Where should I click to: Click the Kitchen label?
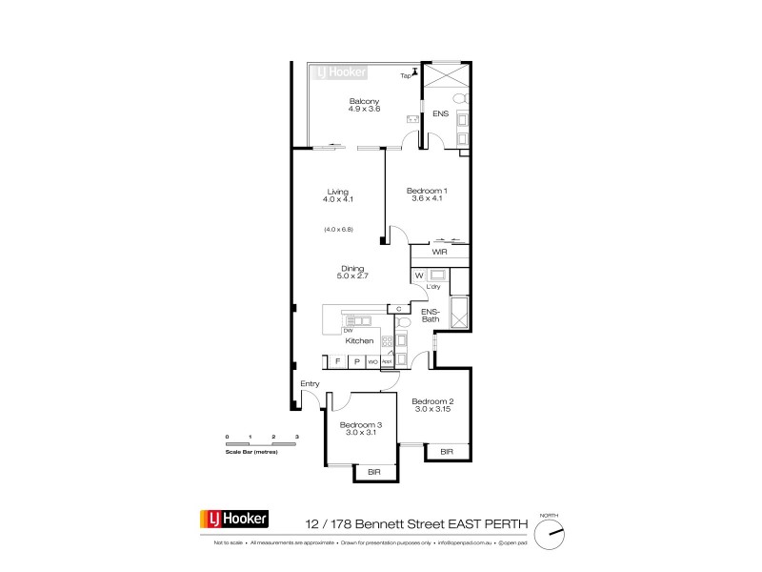(359, 340)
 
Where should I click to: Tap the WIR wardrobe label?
(439, 253)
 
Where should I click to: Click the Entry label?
(310, 383)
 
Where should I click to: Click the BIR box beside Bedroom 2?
(446, 452)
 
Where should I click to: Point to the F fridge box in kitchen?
(337, 361)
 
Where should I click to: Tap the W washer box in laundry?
(419, 276)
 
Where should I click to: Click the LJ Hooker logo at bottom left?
(233, 520)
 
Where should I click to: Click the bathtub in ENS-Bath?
(458, 310)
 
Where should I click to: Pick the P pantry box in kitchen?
(356, 361)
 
